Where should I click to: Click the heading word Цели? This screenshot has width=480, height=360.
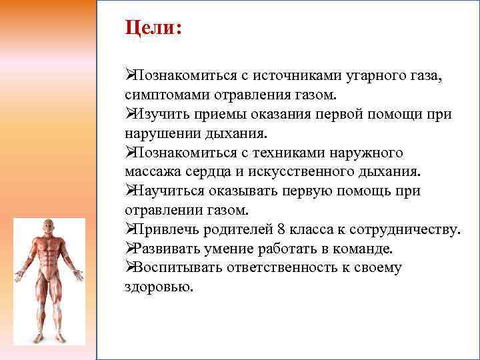153,29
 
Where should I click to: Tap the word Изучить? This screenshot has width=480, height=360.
157,114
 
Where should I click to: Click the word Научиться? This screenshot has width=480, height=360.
163,191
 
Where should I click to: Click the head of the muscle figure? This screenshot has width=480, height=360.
49,228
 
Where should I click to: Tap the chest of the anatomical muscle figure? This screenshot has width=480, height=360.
49,252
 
